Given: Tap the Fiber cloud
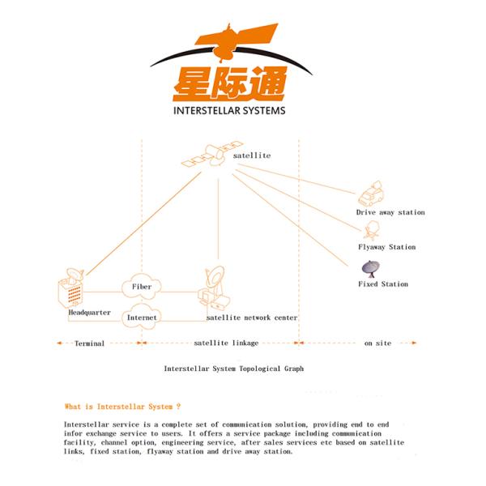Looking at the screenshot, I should pyautogui.click(x=141, y=287).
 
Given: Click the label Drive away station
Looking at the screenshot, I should pyautogui.click(x=390, y=212).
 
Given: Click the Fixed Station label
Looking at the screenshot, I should pyautogui.click(x=383, y=284).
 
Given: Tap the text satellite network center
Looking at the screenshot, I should pyautogui.click(x=252, y=318).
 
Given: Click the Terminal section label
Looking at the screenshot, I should pyautogui.click(x=88, y=343).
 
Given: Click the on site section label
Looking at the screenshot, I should pyautogui.click(x=377, y=343).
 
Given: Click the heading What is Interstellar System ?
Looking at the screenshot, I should pyautogui.click(x=122, y=406).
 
